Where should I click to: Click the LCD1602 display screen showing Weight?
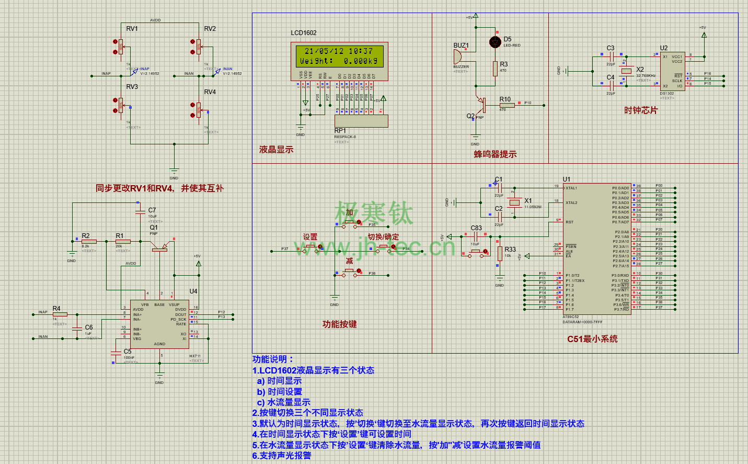tap(339, 56)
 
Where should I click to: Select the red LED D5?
tap(495, 42)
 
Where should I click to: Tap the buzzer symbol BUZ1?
tap(458, 56)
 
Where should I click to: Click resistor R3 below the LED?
tap(495, 69)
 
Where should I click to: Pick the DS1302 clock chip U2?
tap(672, 71)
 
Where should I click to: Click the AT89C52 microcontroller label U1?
tap(567, 179)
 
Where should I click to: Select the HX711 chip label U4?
tap(193, 291)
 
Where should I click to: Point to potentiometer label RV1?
tap(132, 29)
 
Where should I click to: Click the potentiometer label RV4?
tap(210, 92)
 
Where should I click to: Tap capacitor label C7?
tap(152, 210)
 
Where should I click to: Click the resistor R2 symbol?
tap(89, 242)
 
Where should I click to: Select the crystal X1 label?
tap(528, 201)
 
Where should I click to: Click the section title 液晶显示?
tap(276, 150)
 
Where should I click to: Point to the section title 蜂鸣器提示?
tap(495, 154)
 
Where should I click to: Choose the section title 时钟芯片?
tap(641, 110)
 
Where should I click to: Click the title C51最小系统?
tap(592, 339)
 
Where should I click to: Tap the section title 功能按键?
tap(339, 324)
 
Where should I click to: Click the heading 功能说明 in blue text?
tap(273, 359)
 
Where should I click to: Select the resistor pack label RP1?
tap(340, 131)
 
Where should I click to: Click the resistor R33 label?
tap(510, 250)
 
